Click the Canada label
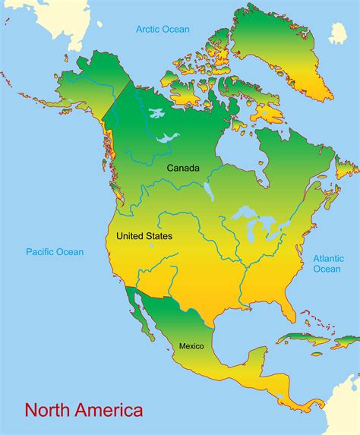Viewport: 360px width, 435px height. point(183,168)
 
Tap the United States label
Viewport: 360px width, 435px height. point(144,236)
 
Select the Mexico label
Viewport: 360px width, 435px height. point(191,346)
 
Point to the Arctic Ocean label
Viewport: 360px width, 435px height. point(163,30)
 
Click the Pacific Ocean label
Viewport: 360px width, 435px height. point(55,252)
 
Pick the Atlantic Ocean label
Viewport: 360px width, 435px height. point(328,263)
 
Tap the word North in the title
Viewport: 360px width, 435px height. point(47,411)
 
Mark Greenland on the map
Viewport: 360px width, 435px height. point(289,53)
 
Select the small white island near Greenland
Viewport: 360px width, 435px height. point(338,33)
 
